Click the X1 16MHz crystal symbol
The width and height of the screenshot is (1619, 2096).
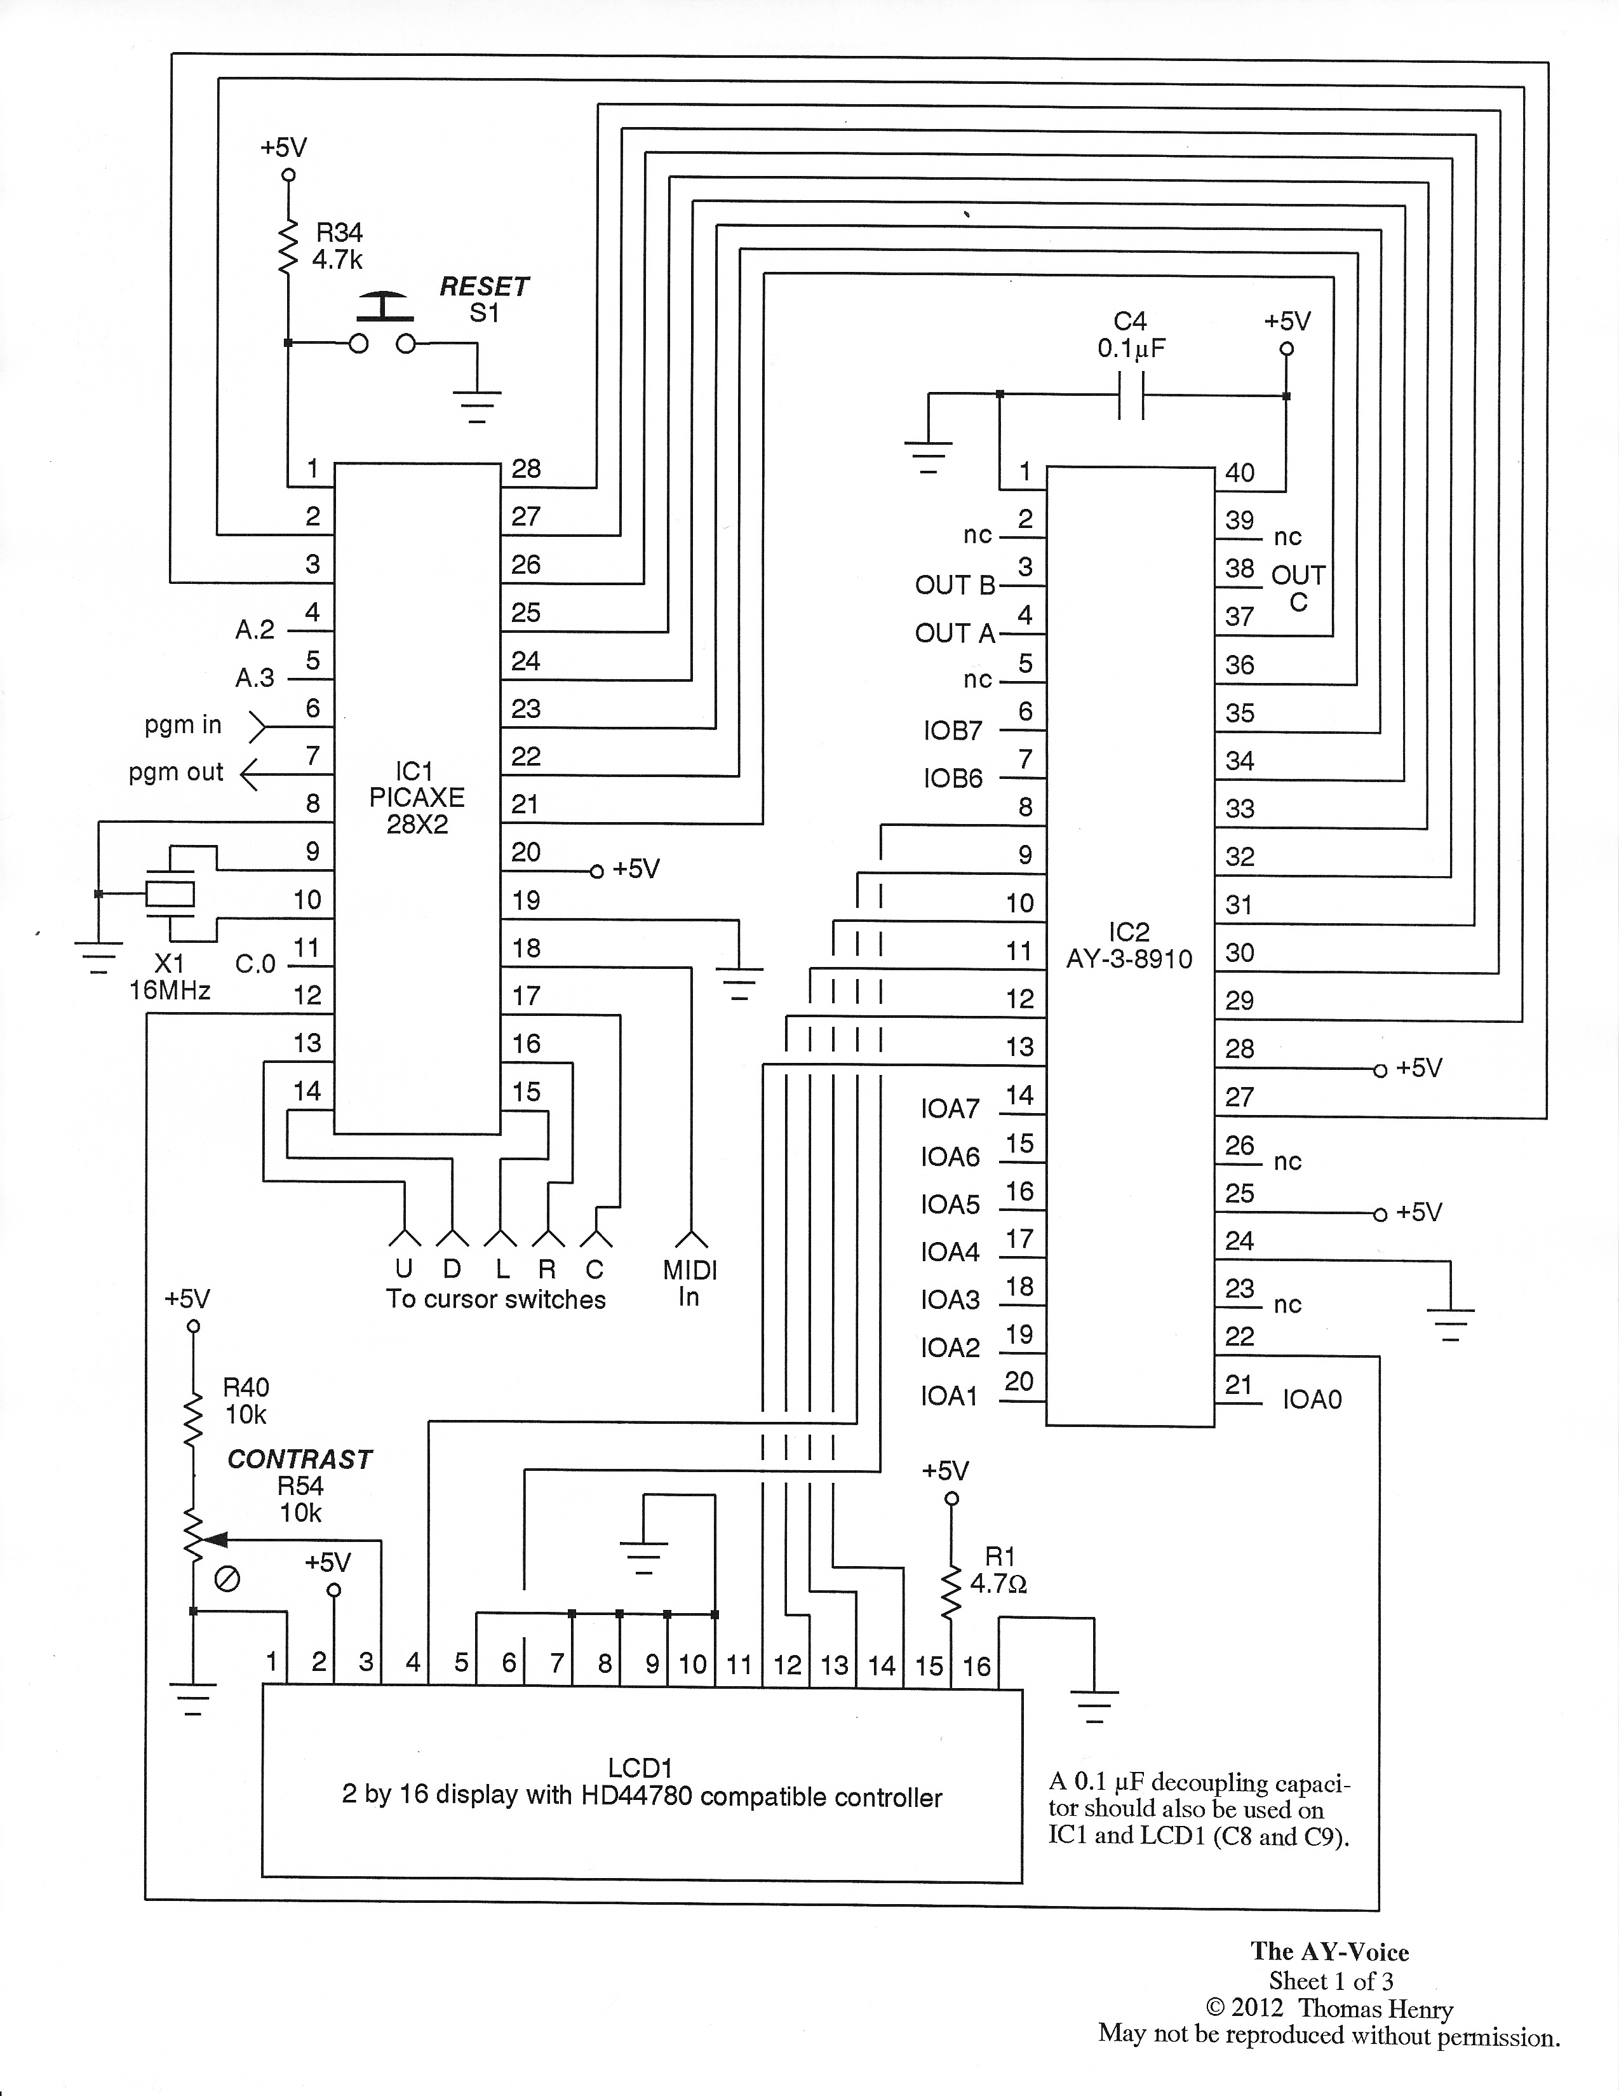(x=170, y=893)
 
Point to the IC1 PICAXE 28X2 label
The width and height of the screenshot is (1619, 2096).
(x=417, y=797)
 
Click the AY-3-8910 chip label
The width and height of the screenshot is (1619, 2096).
(x=1129, y=959)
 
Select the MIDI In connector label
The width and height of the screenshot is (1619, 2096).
(x=689, y=1283)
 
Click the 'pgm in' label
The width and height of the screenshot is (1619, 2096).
(x=184, y=724)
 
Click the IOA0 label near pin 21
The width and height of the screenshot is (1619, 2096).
(x=1312, y=1399)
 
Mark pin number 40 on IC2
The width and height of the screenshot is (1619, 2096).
(x=1240, y=472)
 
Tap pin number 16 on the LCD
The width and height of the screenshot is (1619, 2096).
(x=976, y=1665)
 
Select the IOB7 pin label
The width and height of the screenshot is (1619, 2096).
(x=953, y=731)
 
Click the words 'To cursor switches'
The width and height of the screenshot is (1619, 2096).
(x=495, y=1299)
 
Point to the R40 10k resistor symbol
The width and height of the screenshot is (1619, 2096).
(x=194, y=1421)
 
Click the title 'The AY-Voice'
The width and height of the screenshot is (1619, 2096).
(x=1329, y=1951)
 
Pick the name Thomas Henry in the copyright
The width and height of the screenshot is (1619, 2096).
(x=1375, y=2009)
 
